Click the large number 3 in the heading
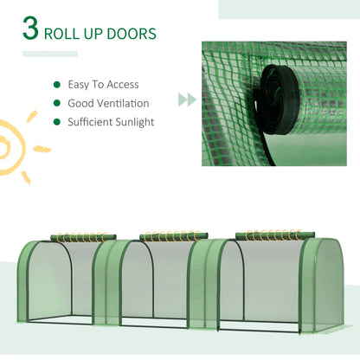coord(31,32)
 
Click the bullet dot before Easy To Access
coord(57,85)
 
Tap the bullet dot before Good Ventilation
coord(57,103)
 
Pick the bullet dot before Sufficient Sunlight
coord(57,122)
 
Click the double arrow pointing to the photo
coord(186,100)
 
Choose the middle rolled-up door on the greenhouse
coord(171,235)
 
